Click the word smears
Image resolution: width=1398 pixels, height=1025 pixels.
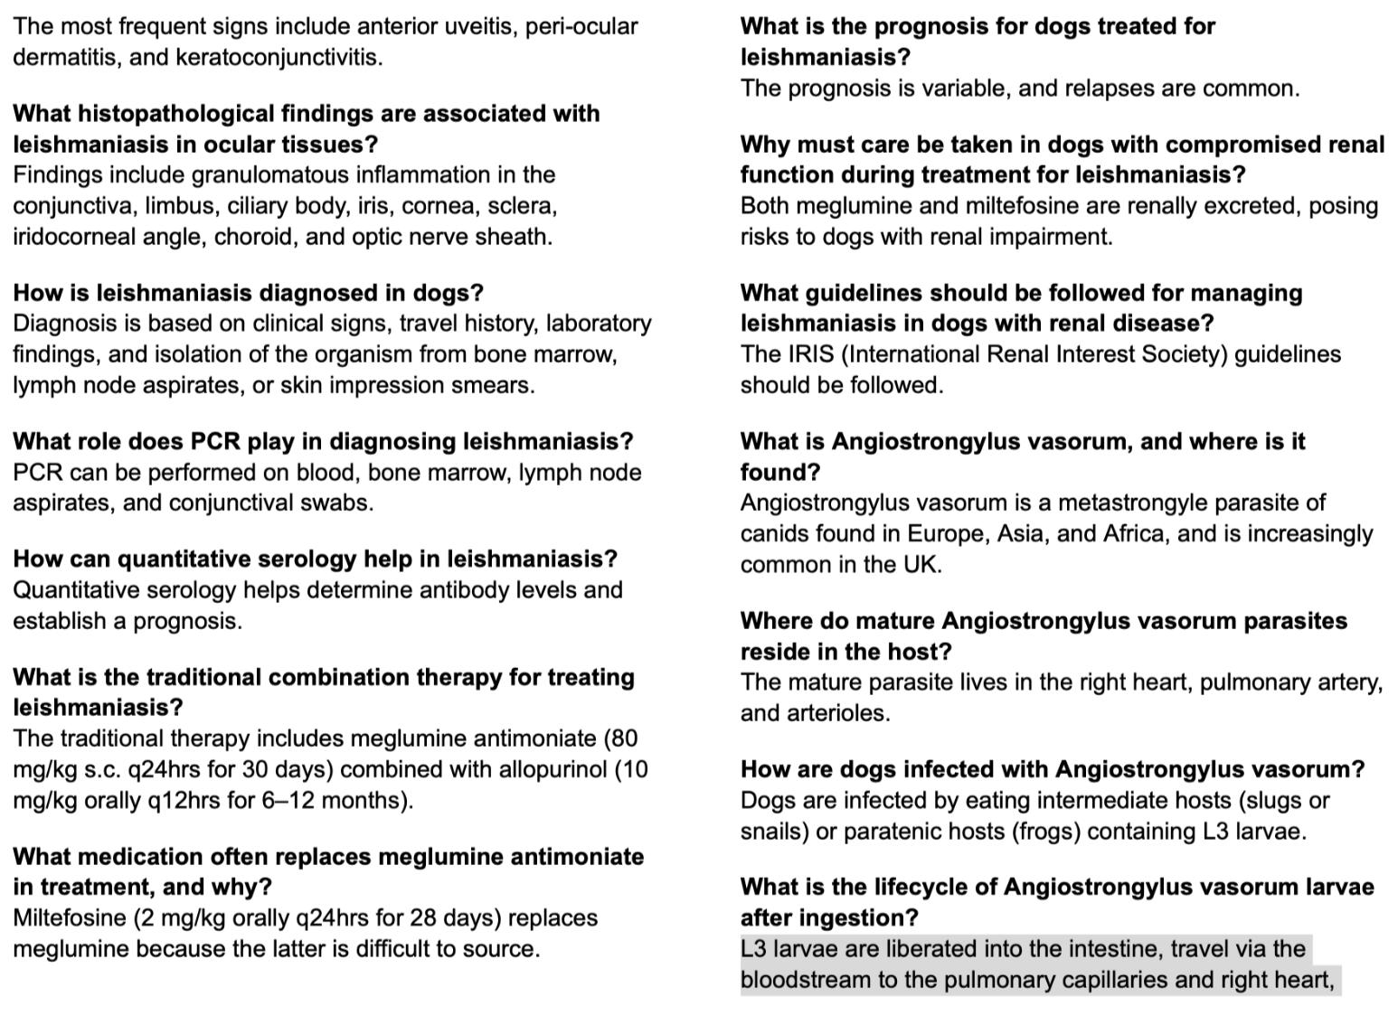click(498, 385)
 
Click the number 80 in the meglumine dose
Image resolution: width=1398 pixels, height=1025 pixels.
click(625, 738)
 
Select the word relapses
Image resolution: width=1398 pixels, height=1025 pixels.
click(1110, 89)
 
